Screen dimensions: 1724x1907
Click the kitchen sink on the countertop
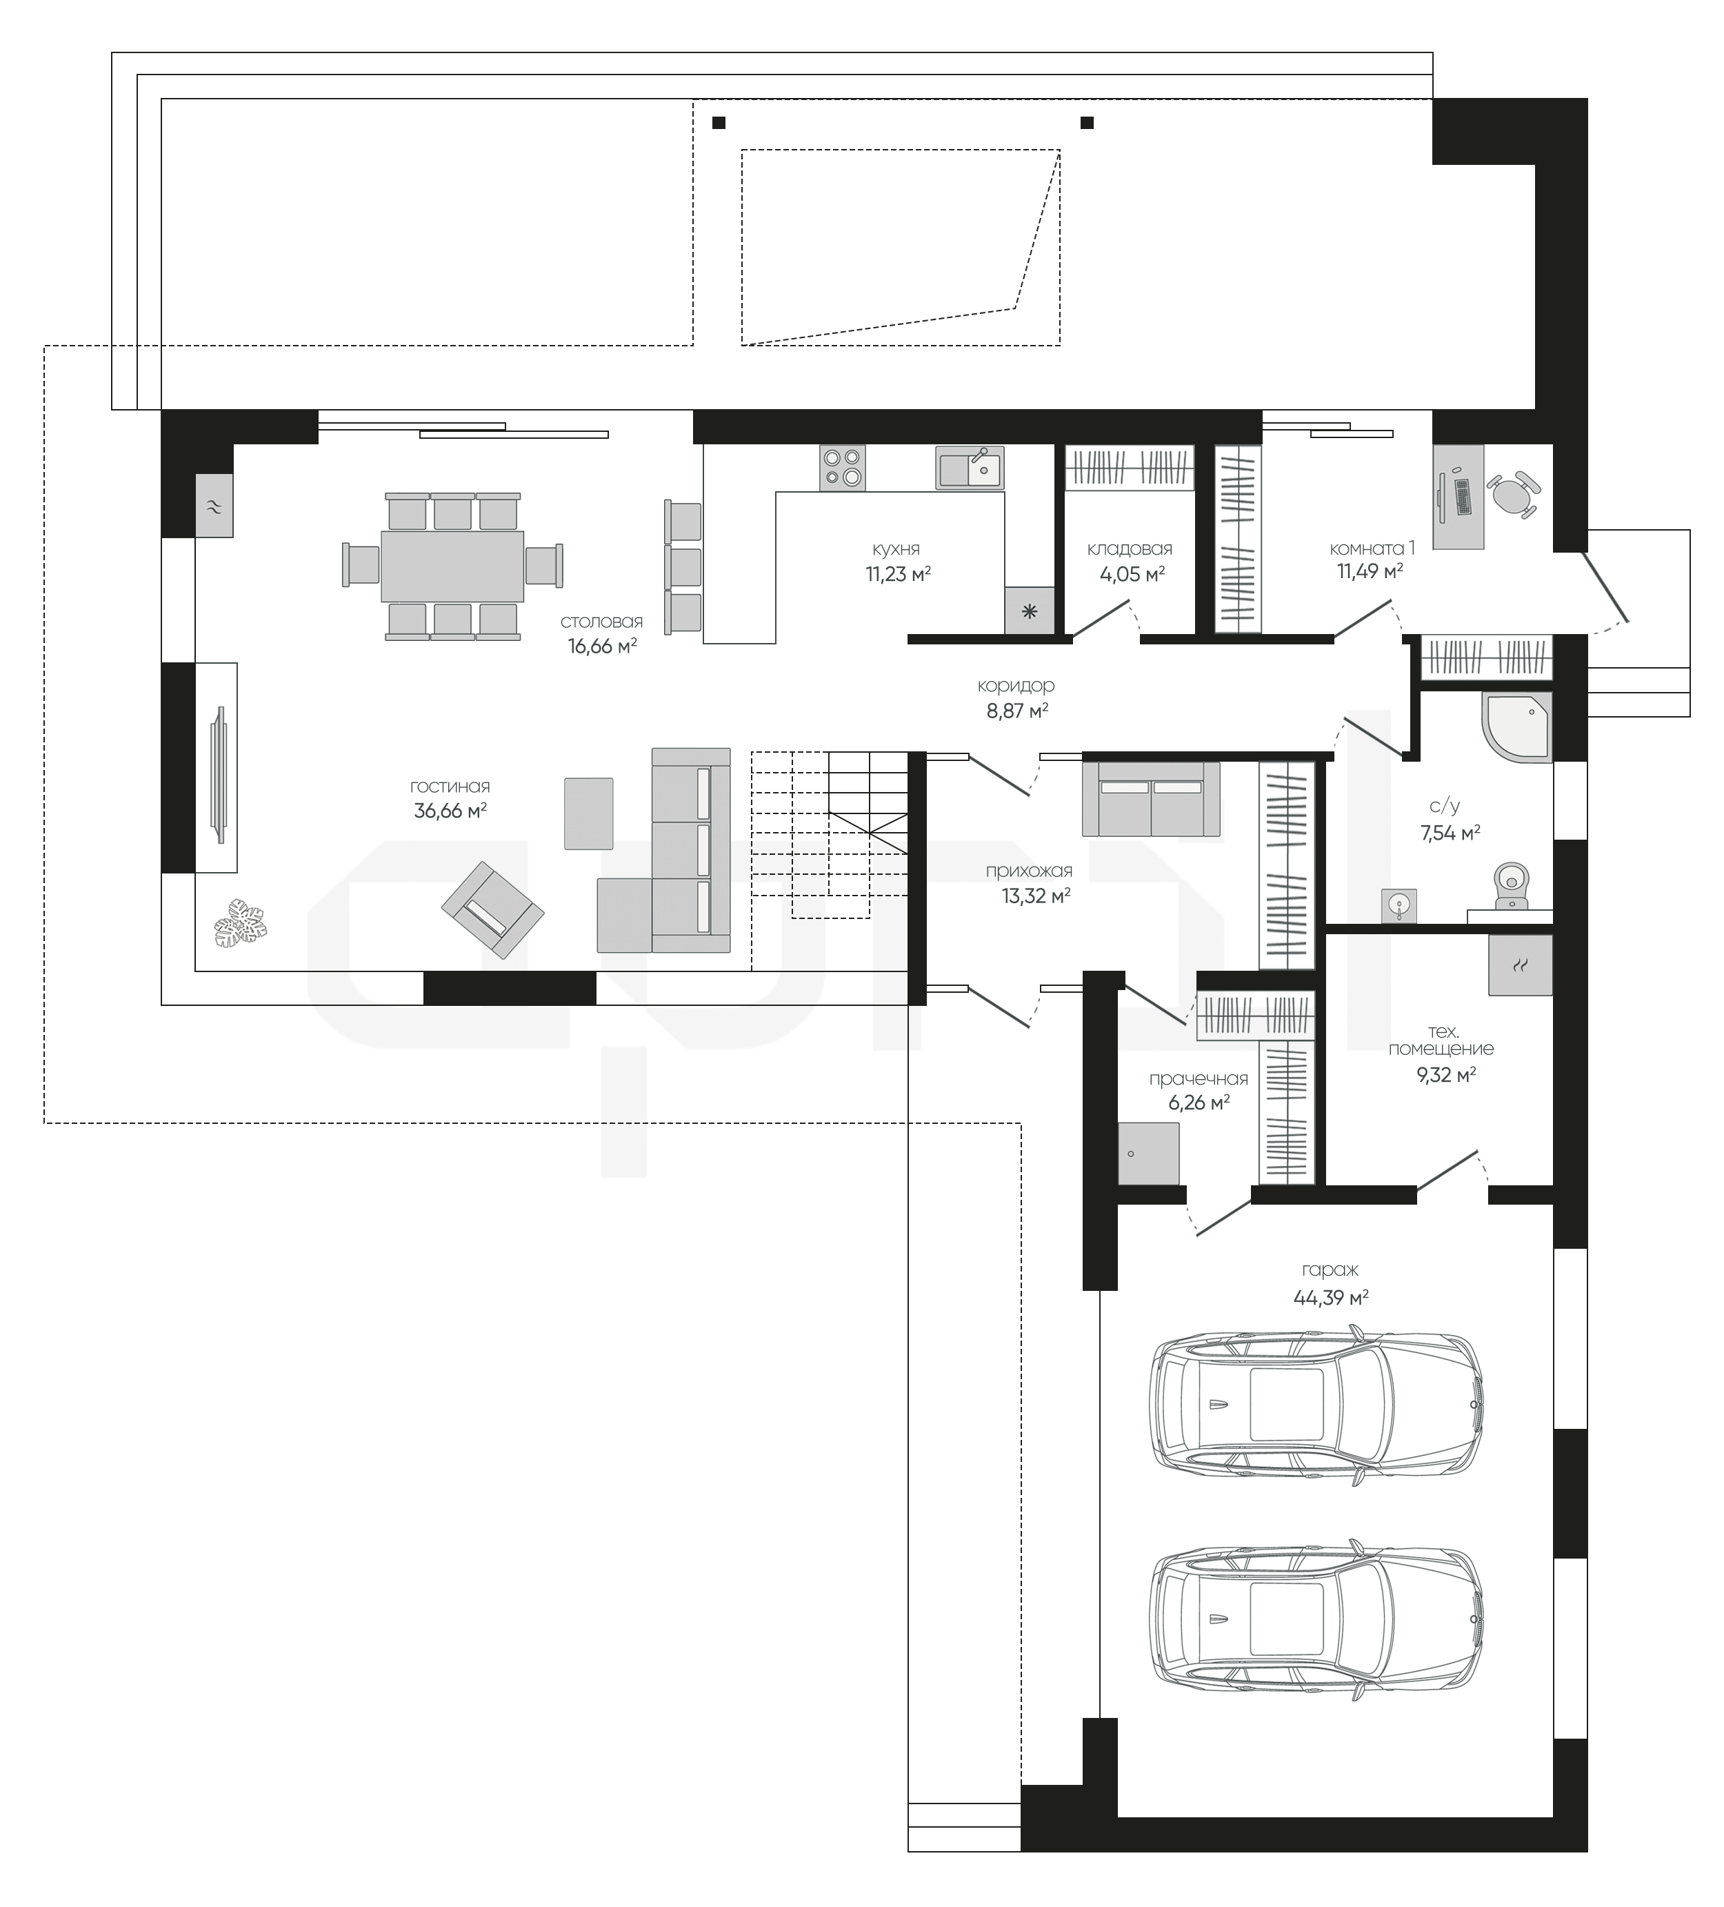[970, 467]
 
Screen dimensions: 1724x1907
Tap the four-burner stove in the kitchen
[842, 467]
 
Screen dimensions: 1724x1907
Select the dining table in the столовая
[452, 566]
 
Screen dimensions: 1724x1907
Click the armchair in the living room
[492, 910]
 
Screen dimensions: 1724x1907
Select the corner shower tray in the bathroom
[1518, 727]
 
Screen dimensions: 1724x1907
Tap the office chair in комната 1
[1515, 495]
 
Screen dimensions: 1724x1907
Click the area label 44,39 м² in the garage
[1331, 1298]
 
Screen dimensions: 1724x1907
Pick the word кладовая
[1129, 549]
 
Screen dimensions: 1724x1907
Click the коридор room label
[1016, 685]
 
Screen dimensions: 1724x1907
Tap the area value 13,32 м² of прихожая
[1036, 895]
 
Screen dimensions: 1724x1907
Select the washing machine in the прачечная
[1148, 1153]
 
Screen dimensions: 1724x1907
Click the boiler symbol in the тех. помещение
[1520, 965]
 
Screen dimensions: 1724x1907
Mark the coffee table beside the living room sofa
[588, 813]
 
